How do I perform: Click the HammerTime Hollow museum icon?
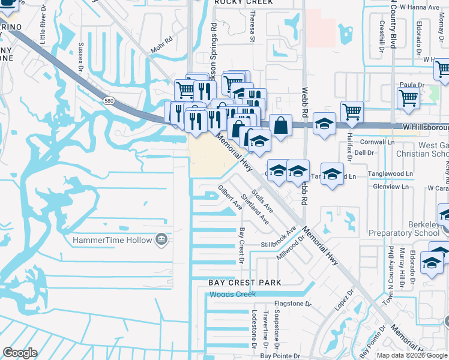161,240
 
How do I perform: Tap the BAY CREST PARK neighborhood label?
244,282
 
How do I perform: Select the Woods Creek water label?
233,294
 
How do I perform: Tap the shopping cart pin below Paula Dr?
408,97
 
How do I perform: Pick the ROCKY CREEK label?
244,2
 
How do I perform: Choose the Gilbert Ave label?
231,197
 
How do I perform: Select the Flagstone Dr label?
292,304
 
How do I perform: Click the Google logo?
20,353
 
